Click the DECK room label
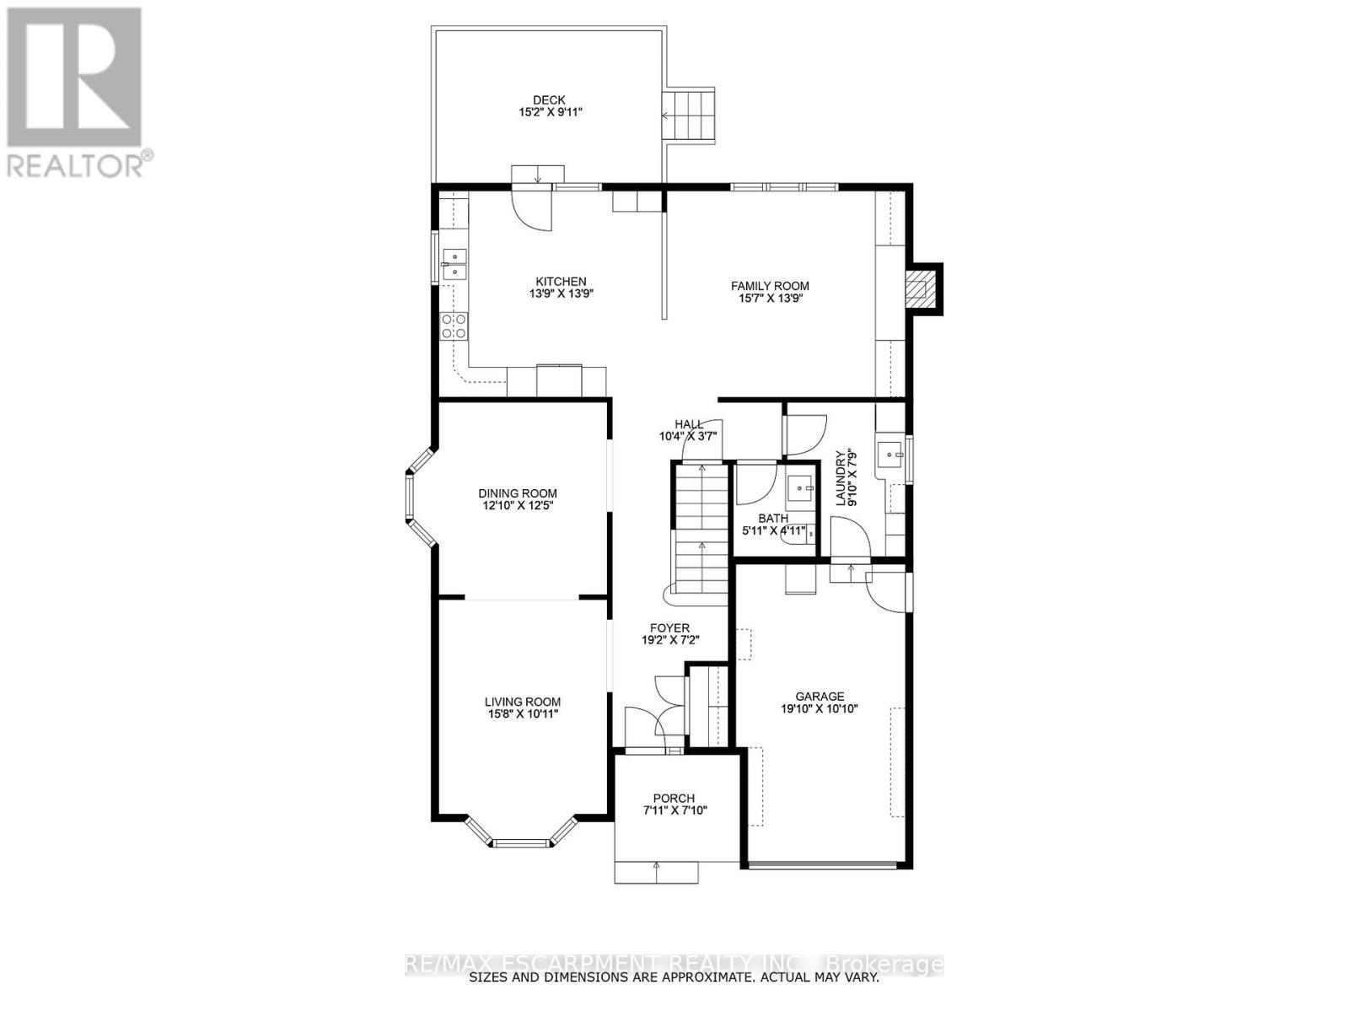click(x=548, y=100)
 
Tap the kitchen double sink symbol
click(x=454, y=263)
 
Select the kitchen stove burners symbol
click(x=454, y=326)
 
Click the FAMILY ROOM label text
click(x=769, y=286)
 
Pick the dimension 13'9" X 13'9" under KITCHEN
click(x=552, y=294)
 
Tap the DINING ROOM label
click(x=517, y=493)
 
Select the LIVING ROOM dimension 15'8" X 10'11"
click(x=522, y=714)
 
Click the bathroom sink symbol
click(x=799, y=487)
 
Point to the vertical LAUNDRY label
click(x=840, y=478)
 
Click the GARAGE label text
click(x=820, y=697)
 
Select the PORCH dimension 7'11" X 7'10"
click(x=674, y=811)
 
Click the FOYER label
click(x=669, y=627)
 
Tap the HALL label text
click(x=689, y=424)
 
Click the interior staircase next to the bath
click(x=701, y=531)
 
